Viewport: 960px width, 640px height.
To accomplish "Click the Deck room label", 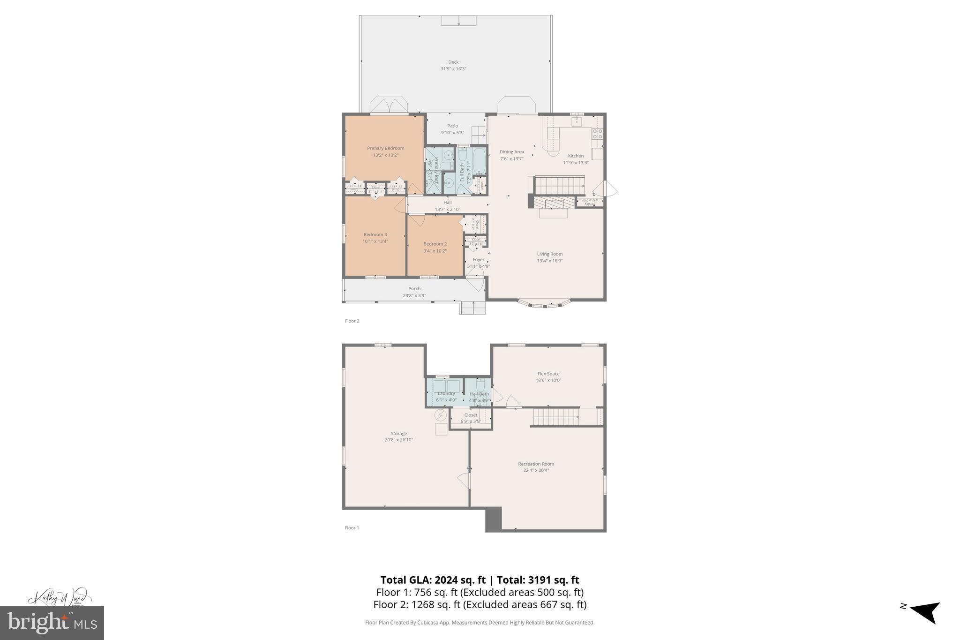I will pos(453,62).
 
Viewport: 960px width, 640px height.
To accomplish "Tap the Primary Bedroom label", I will pos(385,148).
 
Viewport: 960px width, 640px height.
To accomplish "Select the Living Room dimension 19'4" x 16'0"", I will pos(550,261).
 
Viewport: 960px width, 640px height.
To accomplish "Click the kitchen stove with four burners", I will pos(597,134).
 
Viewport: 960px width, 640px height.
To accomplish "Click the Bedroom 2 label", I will pos(435,244).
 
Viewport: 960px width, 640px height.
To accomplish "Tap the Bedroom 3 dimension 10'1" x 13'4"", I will pos(375,241).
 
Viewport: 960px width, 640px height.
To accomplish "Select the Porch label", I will pos(414,289).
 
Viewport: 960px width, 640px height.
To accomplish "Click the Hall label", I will pos(448,203).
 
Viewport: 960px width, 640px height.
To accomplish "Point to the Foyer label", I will pos(478,260).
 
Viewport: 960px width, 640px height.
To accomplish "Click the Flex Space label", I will pos(548,374).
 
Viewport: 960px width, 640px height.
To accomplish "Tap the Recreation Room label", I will pos(536,464).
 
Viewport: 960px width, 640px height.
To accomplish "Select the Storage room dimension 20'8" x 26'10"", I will pos(399,440).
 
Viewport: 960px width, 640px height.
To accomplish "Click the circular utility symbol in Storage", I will pos(441,415).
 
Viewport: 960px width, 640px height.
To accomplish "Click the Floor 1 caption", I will pos(352,527).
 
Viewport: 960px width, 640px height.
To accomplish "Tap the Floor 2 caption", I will pos(352,321).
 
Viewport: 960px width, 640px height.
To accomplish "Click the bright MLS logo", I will pos(52,623).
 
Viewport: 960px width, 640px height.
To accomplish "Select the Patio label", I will pos(452,126).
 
